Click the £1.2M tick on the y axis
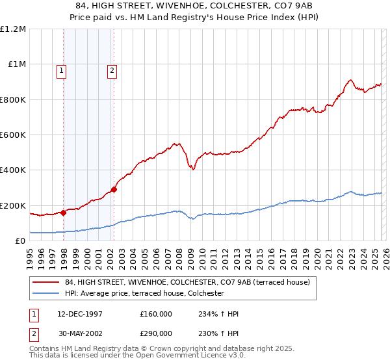13,29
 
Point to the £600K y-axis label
13,135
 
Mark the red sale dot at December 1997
63,213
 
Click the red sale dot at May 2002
114,190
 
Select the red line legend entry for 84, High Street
182,282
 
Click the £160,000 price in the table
156,314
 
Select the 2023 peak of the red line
350,80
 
